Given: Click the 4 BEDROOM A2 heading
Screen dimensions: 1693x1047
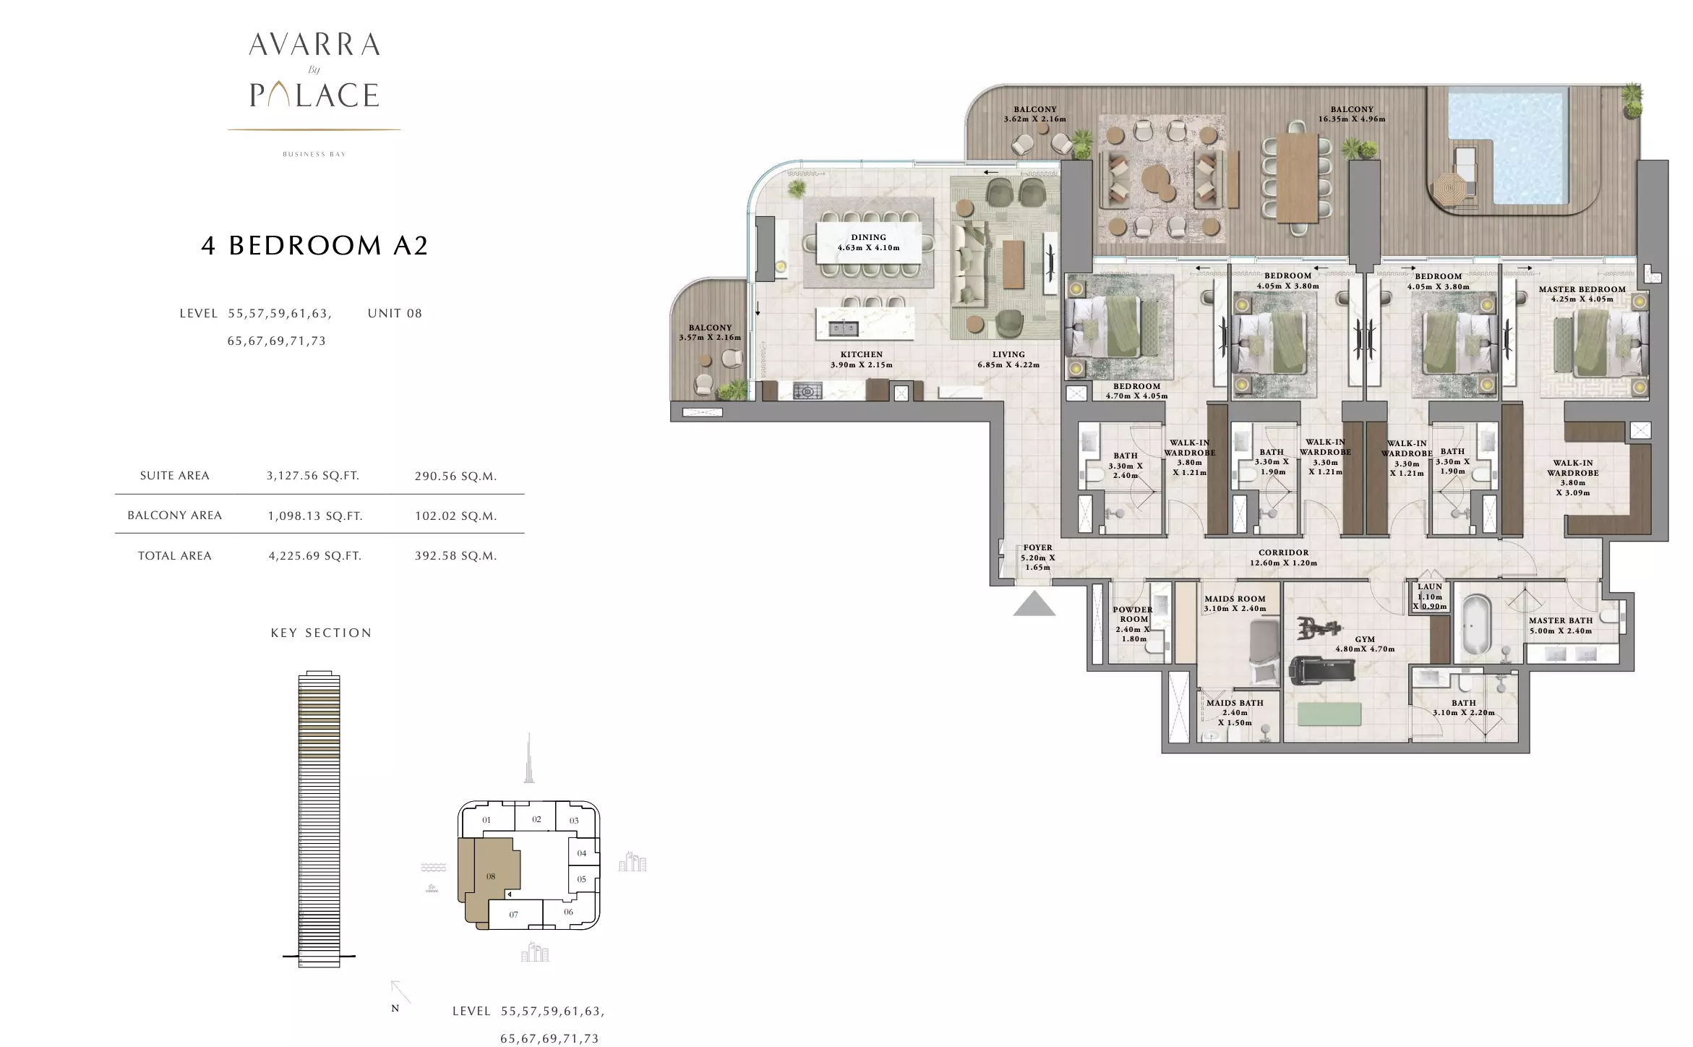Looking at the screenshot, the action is pos(314,246).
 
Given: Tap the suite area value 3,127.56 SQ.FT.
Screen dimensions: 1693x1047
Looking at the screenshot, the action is pos(313,476).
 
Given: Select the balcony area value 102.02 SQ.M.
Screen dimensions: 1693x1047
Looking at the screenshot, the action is pos(455,516).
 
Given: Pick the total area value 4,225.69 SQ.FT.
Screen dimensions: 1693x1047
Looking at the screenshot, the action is pos(314,556).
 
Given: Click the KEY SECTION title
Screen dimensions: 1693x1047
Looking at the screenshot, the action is pos(321,633).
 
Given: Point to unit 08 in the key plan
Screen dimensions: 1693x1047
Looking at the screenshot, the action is pos(491,876).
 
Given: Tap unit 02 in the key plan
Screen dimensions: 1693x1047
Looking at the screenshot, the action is pos(536,819).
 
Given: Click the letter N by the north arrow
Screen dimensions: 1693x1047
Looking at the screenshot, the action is pos(395,1008).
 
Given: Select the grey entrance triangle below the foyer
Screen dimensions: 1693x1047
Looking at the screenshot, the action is pos(1034,604).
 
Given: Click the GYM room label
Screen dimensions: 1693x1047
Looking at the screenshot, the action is pos(1365,640).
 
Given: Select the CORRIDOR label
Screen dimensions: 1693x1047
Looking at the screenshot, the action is pos(1283,553).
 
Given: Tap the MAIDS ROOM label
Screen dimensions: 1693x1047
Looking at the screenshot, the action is pos(1235,599).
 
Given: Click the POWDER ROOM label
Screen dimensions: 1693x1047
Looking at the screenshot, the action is pos(1133,615).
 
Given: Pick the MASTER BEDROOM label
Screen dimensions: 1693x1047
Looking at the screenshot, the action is pos(1582,289).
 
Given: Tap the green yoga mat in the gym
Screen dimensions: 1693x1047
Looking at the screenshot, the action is pos(1329,714).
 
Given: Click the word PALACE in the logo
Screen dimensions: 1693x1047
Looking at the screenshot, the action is pos(314,95).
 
